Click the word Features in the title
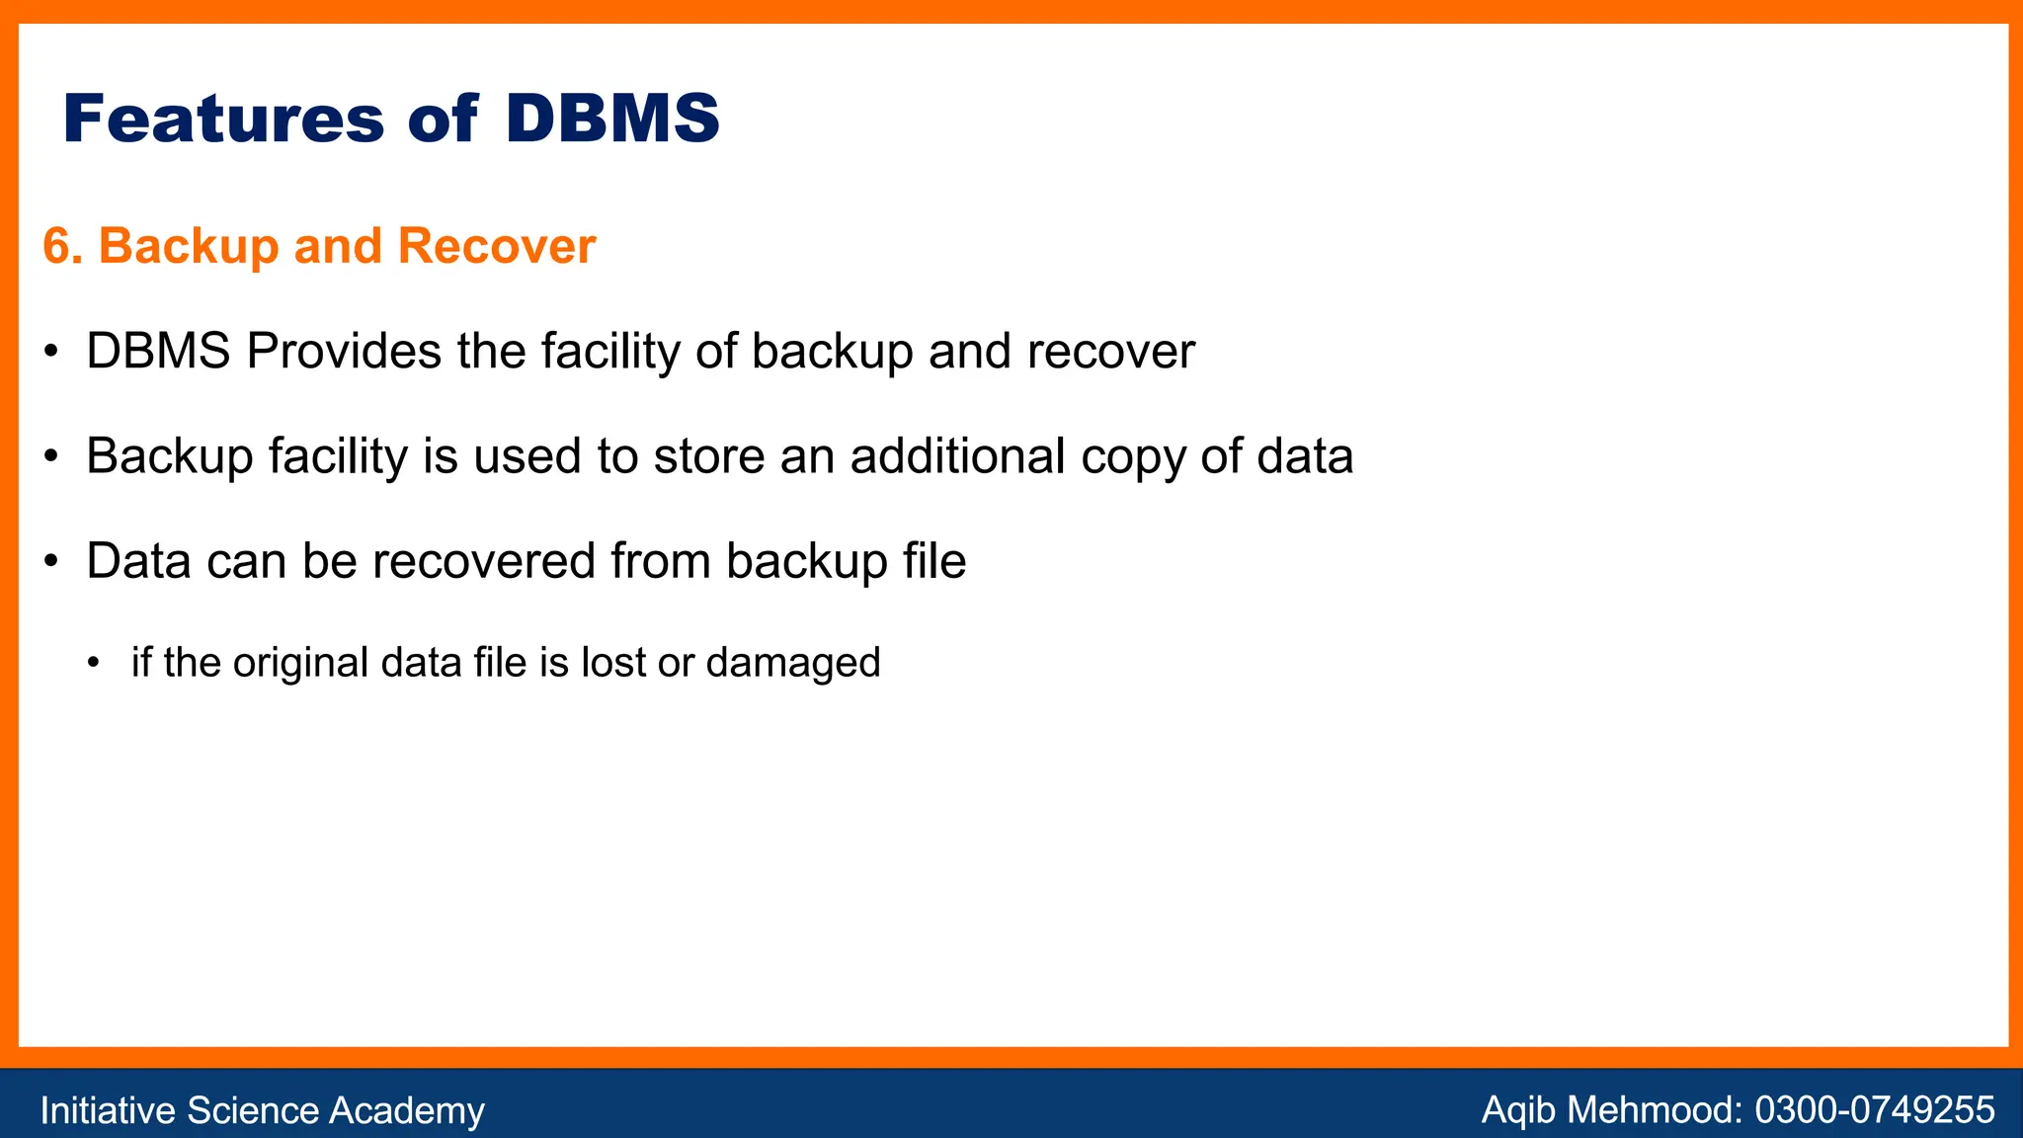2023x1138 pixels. (x=223, y=120)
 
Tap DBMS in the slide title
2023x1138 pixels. (x=612, y=120)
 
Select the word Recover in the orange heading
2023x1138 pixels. (x=496, y=246)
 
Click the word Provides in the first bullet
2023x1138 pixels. (x=344, y=352)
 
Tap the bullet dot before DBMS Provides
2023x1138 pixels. (x=51, y=353)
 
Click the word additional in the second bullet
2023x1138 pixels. (x=957, y=456)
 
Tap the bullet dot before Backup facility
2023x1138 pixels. (x=51, y=457)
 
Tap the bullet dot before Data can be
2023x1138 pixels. (x=51, y=562)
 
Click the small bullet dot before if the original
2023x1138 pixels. (x=94, y=662)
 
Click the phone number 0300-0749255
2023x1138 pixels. (x=1874, y=1110)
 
